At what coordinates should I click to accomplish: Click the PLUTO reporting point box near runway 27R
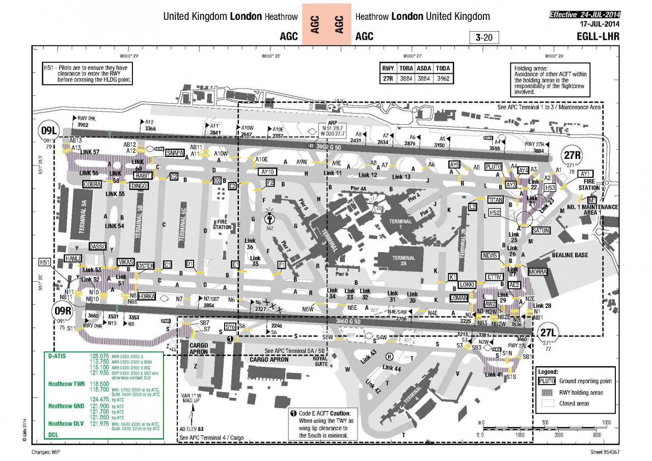[x=494, y=167]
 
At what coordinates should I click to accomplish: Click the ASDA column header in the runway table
[x=424, y=68]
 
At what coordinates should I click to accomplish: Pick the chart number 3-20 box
[x=483, y=37]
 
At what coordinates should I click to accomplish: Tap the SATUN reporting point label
[x=540, y=230]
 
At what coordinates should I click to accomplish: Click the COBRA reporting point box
[x=92, y=184]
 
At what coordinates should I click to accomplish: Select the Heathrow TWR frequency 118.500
[x=100, y=384]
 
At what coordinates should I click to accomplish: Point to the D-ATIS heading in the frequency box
[x=58, y=356]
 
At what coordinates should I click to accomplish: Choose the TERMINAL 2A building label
[x=403, y=261]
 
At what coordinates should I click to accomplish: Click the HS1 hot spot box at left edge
[x=45, y=262]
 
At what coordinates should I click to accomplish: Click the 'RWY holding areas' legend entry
[x=581, y=392]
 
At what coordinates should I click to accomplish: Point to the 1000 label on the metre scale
[x=606, y=423]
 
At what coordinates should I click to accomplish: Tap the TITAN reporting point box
[x=496, y=200]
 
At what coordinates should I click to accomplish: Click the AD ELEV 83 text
[x=192, y=429]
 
